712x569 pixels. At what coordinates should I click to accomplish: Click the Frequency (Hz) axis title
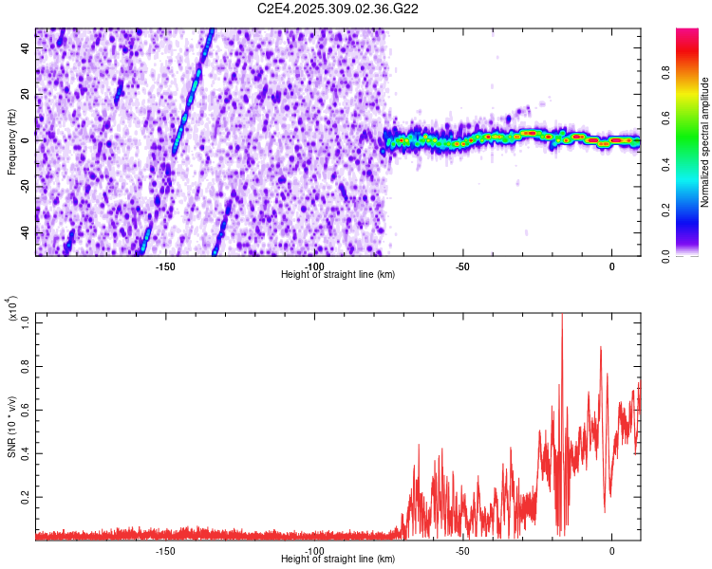click(11, 142)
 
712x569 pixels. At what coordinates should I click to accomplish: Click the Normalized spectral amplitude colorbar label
click(705, 142)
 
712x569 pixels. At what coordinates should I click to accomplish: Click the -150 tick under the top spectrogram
click(164, 266)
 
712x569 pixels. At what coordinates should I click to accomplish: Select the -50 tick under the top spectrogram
click(462, 266)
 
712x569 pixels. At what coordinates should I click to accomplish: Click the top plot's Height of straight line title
click(339, 275)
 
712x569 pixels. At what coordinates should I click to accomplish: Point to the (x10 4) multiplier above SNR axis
click(13, 310)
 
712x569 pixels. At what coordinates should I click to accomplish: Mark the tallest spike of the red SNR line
click(562, 316)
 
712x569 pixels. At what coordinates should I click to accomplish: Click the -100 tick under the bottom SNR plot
click(313, 551)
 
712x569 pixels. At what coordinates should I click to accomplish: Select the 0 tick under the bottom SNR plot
click(612, 551)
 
